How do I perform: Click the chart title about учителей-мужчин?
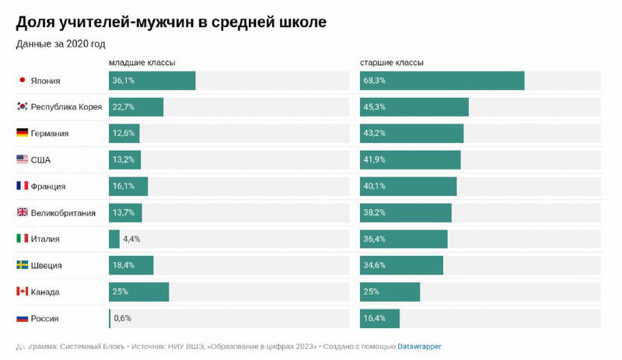point(171,23)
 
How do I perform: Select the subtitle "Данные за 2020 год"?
point(61,44)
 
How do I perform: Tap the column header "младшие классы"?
point(142,62)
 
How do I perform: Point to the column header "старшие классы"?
point(392,62)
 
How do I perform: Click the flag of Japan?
point(22,80)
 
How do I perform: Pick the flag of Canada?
point(22,292)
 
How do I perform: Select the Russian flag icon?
point(22,318)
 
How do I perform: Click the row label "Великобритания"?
point(63,212)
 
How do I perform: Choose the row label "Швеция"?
point(47,265)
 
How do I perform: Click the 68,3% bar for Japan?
point(442,80)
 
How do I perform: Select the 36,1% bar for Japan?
point(152,80)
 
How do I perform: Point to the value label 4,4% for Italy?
point(131,239)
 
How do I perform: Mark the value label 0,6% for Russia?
point(123,318)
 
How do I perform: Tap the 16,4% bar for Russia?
point(379,318)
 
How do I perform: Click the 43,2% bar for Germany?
point(411,133)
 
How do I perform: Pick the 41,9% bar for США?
point(410,159)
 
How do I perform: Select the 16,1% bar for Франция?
point(128,186)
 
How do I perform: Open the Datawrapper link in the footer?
point(419,346)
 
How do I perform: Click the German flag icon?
point(22,133)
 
